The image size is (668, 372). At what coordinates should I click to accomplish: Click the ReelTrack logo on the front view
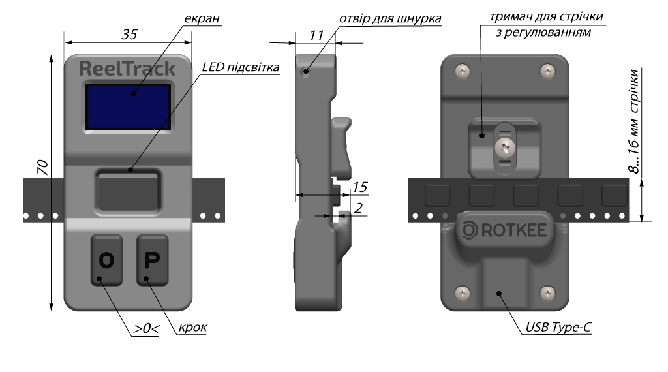coord(127,69)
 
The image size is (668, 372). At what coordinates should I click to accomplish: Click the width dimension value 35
coord(129,36)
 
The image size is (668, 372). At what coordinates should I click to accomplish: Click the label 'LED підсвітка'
coord(240,67)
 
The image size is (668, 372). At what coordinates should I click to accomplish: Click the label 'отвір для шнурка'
coord(390,20)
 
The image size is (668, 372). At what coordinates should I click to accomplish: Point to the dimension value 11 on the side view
coord(317,36)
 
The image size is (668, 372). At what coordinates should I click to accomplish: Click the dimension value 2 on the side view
coord(358,208)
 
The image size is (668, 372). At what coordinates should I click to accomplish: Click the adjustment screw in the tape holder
coord(505,147)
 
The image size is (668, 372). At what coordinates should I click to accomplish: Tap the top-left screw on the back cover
coord(463,70)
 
